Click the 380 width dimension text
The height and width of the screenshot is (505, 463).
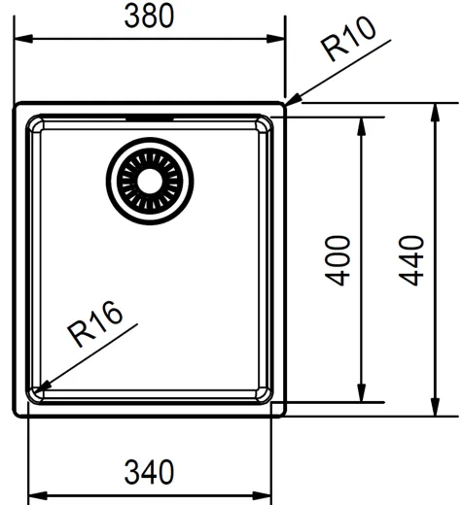coord(150,16)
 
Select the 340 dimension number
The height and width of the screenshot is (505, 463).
coord(150,473)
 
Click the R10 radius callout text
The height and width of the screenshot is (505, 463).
coord(349,44)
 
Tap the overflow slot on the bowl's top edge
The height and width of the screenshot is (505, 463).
coord(151,118)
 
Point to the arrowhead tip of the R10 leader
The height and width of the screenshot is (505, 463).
coord(286,103)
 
